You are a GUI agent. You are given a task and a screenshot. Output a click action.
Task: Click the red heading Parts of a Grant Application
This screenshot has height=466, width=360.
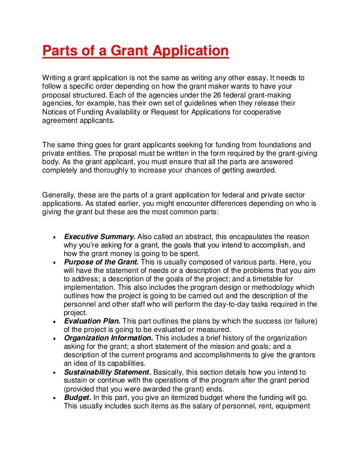(x=135, y=51)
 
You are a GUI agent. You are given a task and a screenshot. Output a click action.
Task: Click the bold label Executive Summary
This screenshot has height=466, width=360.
(x=100, y=237)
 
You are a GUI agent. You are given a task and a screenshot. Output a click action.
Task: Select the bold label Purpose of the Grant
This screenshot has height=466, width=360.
(x=101, y=262)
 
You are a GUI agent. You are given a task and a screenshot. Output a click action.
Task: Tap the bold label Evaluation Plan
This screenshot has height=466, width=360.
(x=92, y=321)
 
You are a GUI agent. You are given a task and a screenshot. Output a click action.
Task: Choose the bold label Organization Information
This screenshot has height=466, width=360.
(x=108, y=338)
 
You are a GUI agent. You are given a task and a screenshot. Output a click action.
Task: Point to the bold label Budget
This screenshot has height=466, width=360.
(x=77, y=397)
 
